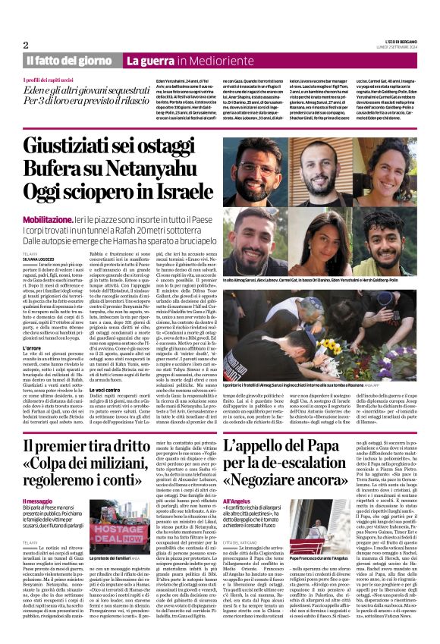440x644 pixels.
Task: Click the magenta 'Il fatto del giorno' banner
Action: click(x=69, y=61)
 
